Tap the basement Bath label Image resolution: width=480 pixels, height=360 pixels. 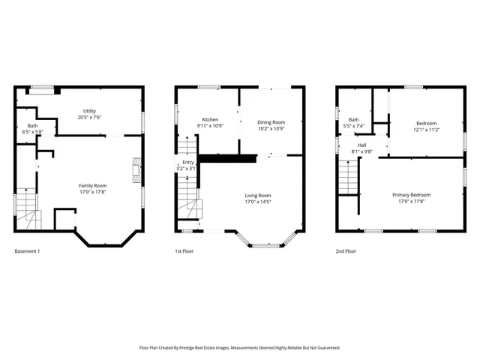[x=32, y=125]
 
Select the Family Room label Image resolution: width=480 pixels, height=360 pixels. [x=93, y=185]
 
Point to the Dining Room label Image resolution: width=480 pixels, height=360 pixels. [x=271, y=121]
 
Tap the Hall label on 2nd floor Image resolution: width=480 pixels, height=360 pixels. [x=361, y=145]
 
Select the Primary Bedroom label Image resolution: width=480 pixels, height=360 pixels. [x=411, y=195]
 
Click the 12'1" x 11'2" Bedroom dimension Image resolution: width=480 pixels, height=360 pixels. [x=426, y=129]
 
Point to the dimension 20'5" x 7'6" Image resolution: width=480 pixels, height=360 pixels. [x=89, y=118]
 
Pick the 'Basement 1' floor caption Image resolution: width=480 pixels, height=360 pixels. [x=27, y=250]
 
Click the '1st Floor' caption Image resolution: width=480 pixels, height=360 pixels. [x=184, y=250]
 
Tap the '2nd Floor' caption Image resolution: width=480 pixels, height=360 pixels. [x=346, y=250]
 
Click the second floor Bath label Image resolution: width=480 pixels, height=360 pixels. [x=353, y=119]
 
